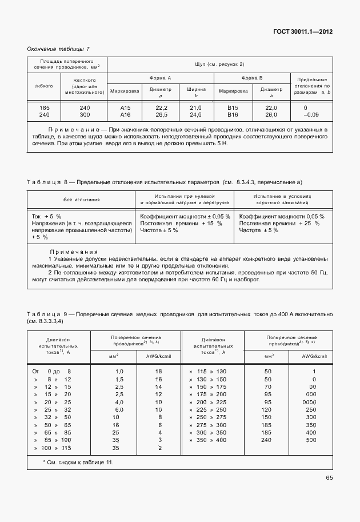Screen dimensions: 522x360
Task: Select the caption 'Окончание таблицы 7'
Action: click(58, 49)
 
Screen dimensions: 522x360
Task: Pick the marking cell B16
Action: click(232, 114)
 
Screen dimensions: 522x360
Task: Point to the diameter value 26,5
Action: click(161, 114)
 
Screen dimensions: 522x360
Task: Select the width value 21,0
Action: click(195, 107)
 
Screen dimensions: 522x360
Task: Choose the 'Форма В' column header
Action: click(251, 77)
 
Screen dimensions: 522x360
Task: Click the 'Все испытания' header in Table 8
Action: click(81, 200)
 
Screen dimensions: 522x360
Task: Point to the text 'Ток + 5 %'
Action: click(46, 216)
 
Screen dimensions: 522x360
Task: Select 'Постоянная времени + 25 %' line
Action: click(279, 223)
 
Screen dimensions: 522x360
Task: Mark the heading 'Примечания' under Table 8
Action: click(74, 252)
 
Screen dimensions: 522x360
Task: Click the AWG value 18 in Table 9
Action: click(158, 371)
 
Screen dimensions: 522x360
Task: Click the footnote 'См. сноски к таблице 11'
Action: click(78, 461)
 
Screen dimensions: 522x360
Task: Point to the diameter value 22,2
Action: click(161, 107)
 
